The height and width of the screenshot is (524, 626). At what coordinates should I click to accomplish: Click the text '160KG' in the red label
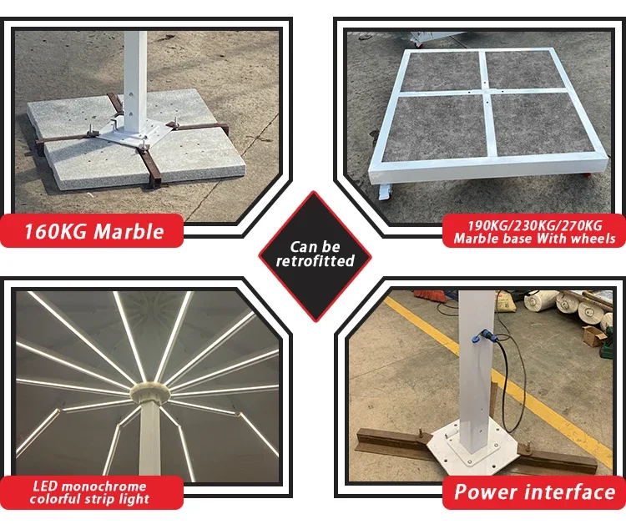coord(55,231)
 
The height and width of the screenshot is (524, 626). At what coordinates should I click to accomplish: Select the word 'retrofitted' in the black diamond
coord(315,260)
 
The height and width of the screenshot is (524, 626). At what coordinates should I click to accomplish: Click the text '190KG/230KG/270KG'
coord(534,225)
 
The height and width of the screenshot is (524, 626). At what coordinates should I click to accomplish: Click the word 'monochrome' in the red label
coord(103,486)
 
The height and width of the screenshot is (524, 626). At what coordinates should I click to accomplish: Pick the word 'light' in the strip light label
coord(134,499)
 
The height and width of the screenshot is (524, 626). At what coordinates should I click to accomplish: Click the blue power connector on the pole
coord(481,336)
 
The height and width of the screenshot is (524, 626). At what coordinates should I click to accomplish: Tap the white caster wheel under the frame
coord(385,193)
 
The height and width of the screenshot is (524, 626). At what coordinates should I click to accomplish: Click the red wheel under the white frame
coord(587,174)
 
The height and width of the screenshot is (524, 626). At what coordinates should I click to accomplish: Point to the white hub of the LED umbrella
coord(150,393)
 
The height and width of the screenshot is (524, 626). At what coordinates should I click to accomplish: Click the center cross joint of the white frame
coord(486,90)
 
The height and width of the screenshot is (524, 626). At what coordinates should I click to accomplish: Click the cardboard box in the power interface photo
coord(595,337)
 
